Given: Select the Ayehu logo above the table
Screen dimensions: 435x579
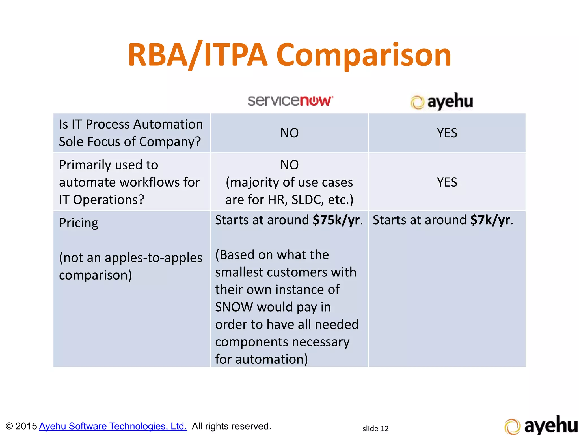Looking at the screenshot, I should tap(442, 102).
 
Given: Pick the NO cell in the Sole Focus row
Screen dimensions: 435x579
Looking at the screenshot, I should tap(289, 133).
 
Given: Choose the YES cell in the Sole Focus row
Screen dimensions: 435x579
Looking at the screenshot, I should tap(447, 133).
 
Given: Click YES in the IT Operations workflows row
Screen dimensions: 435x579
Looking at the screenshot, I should tap(447, 182).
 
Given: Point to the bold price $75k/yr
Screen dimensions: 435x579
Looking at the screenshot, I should tap(336, 220).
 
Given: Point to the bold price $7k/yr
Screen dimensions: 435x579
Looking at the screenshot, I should tap(490, 220).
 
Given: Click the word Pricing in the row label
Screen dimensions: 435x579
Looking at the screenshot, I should tap(79, 223).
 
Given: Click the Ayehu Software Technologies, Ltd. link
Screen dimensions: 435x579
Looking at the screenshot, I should tap(113, 426).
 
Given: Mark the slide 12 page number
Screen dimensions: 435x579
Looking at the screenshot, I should tap(375, 428).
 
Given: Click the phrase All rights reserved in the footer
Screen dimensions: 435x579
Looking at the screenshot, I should tap(231, 426).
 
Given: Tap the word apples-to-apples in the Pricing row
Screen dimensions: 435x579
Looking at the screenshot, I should tap(154, 258).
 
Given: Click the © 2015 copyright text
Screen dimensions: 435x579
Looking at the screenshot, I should tap(21, 426).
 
